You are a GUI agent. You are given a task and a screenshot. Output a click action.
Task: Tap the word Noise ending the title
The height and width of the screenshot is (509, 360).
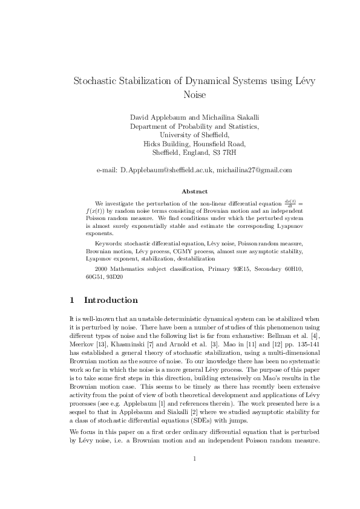194,95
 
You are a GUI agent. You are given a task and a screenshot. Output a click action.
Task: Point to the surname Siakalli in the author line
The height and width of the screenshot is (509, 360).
244,117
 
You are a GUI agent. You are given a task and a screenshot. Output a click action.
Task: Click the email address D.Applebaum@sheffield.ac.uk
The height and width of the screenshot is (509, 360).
167,170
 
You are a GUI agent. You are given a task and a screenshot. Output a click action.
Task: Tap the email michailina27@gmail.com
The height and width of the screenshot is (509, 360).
254,170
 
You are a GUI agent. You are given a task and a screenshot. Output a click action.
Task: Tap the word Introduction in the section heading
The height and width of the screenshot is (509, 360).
111,300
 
